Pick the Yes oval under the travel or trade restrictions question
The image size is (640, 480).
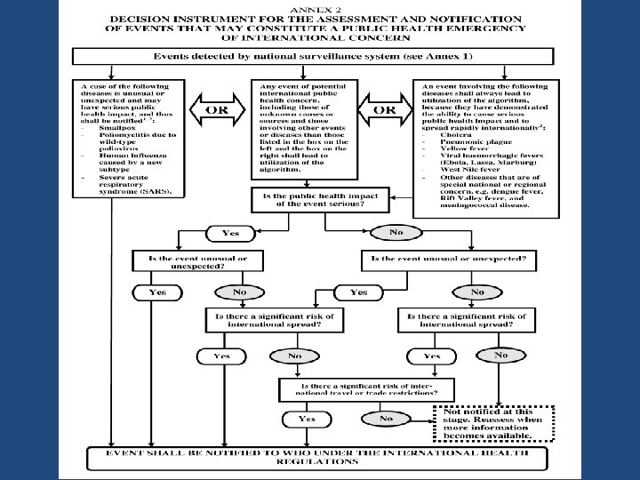(307, 418)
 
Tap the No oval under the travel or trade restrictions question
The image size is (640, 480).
(386, 418)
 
